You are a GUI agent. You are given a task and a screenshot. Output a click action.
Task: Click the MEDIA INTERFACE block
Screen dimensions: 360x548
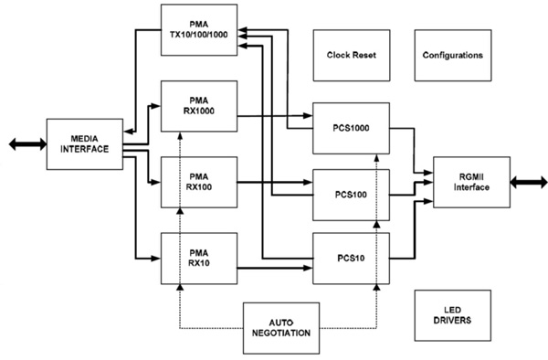click(84, 143)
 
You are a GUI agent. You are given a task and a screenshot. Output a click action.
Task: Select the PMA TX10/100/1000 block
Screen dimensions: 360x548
click(199, 28)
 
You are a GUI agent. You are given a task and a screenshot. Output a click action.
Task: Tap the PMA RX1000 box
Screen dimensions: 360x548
click(199, 105)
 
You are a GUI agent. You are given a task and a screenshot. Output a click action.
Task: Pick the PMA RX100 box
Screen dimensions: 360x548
click(199, 182)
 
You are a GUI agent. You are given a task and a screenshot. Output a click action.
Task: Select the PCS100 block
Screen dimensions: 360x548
click(351, 194)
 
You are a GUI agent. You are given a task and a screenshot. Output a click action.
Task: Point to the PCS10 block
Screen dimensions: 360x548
click(351, 259)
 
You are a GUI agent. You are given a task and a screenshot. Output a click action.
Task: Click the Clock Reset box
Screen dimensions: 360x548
click(352, 55)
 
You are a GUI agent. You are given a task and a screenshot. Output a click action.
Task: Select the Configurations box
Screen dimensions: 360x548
click(452, 55)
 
